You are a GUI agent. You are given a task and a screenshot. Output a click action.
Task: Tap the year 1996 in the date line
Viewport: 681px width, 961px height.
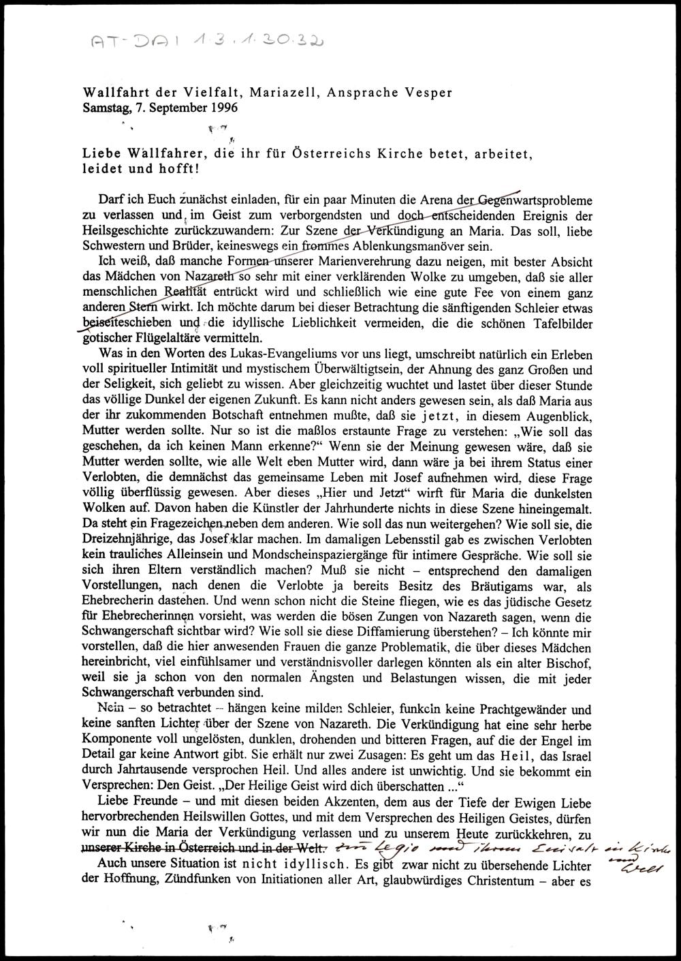(x=225, y=107)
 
